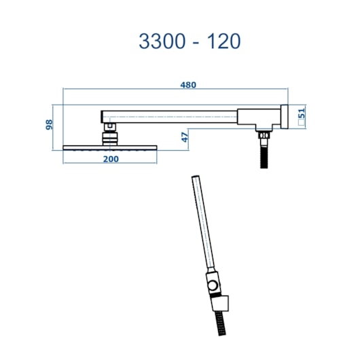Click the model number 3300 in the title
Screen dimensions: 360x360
pos(162,41)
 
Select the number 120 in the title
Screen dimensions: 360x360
pos(224,41)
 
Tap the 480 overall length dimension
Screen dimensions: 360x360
pos(188,85)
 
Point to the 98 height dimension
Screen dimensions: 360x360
pos(49,125)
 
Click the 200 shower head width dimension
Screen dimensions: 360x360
pos(111,159)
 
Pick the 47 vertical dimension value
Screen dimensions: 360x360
pos(185,137)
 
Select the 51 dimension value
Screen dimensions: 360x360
pos(302,113)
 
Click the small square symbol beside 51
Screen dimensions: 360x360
pos(302,122)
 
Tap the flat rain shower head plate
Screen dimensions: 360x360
pos(110,148)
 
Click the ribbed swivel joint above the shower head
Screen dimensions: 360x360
pos(110,139)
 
